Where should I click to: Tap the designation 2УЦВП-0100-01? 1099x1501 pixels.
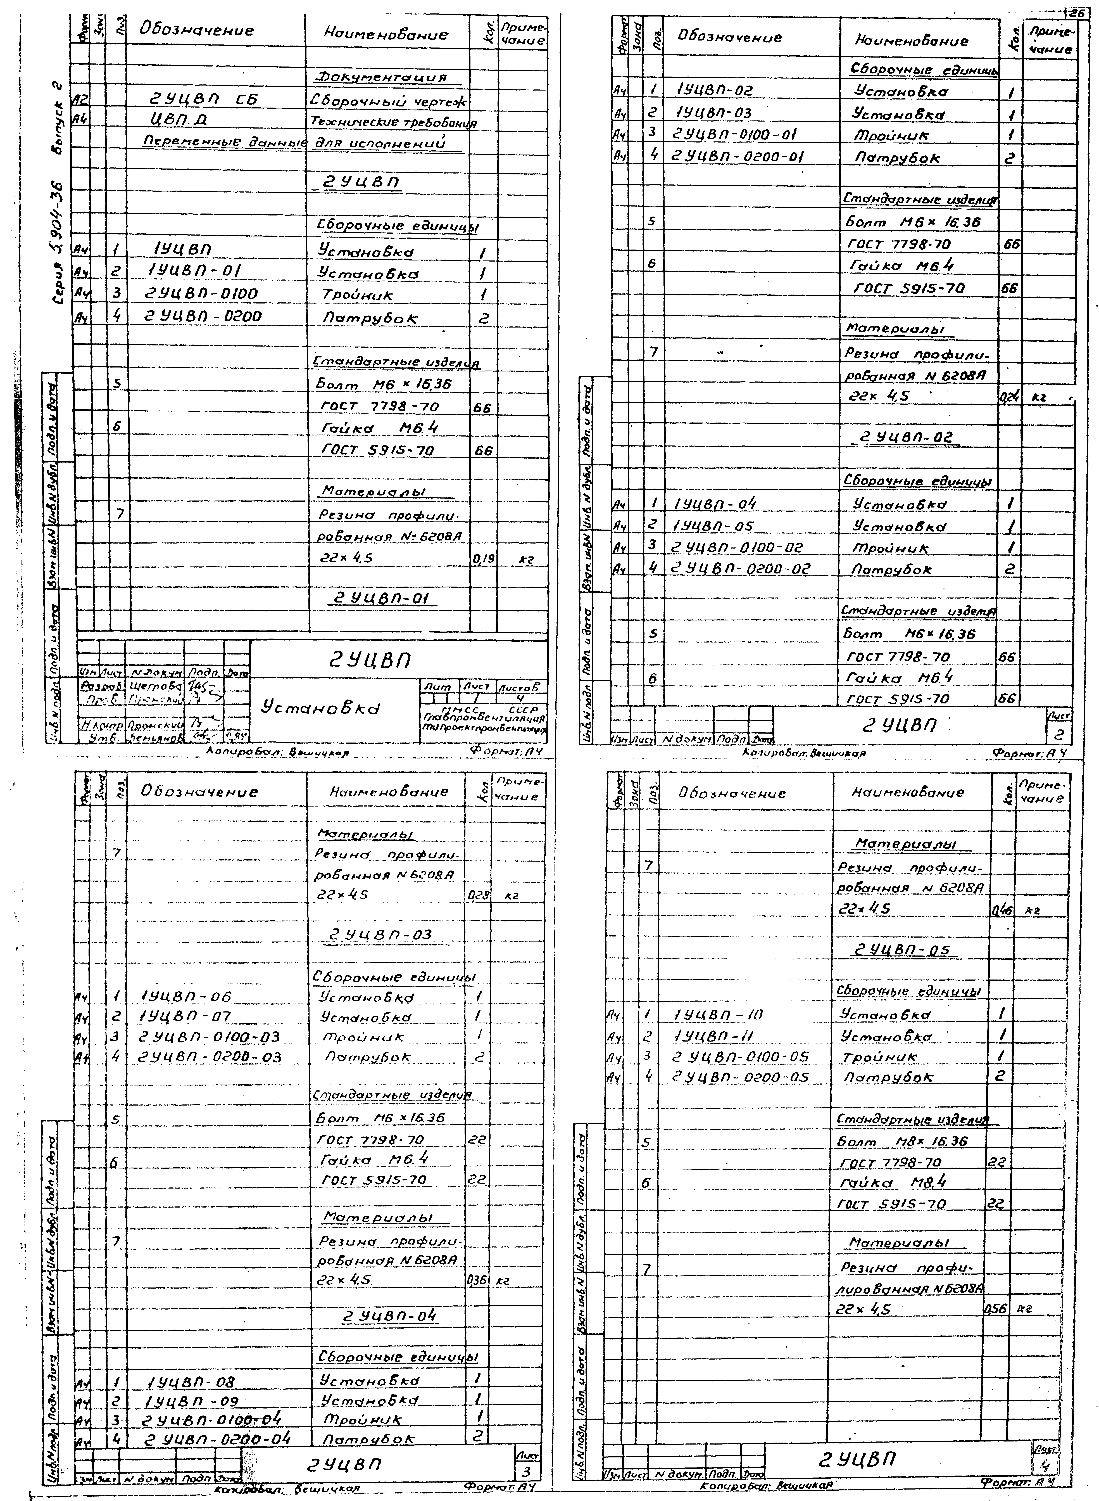click(734, 134)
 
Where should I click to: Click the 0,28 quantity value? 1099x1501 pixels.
click(479, 896)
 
